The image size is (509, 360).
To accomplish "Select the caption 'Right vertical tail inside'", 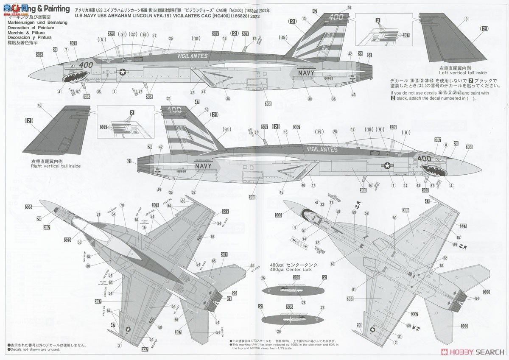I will [56, 166].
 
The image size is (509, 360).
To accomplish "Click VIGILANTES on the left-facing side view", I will [192, 56].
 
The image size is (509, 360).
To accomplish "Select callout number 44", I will [227, 129].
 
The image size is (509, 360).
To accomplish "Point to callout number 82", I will [459, 237].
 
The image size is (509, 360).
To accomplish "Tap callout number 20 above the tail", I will [349, 8].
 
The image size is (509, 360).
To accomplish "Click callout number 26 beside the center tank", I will [263, 278].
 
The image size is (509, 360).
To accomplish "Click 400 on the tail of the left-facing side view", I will [335, 17].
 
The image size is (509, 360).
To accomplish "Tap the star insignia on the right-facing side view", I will [388, 166].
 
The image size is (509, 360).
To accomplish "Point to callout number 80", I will [88, 266].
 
